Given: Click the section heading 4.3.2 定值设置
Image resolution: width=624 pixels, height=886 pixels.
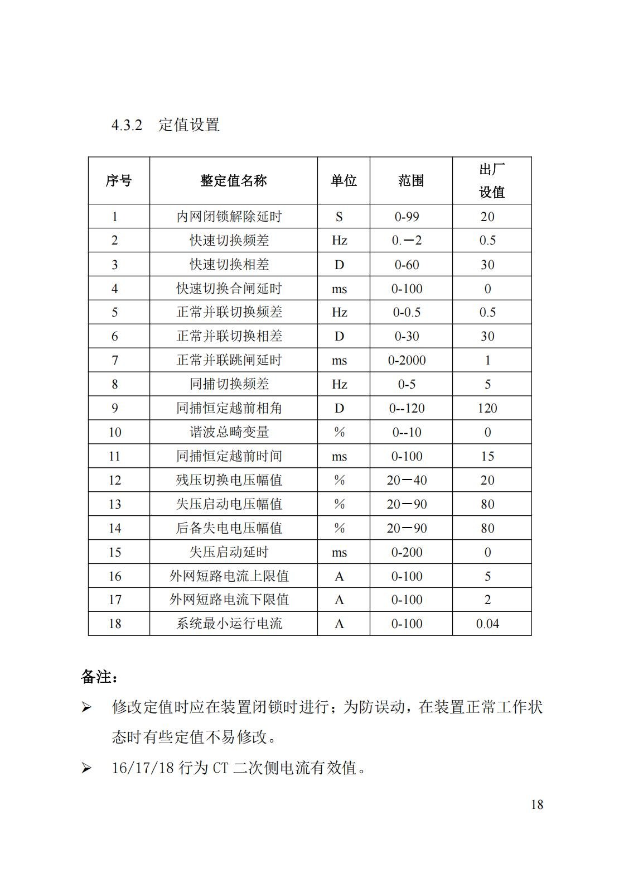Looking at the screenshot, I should coord(166,124).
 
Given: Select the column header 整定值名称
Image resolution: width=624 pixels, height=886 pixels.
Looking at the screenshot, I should coord(233,181).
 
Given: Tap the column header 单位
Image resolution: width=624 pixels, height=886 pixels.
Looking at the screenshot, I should coord(344,181).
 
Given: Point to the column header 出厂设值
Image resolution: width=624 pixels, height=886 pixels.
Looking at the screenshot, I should coord(492,181).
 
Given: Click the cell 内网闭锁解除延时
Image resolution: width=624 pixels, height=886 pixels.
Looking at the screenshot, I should coord(229,217).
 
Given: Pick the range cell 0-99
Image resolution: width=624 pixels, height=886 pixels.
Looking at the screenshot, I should coord(407,217).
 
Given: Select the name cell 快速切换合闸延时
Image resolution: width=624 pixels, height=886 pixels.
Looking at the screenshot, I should coord(229,289).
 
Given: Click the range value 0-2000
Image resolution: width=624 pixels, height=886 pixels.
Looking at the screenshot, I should coord(407,361).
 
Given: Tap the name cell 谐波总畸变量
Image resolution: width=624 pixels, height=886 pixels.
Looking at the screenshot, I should coord(229,432).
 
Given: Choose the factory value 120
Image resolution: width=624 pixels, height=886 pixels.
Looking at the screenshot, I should coord(487,408).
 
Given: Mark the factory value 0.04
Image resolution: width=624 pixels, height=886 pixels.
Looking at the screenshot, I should coord(487,624).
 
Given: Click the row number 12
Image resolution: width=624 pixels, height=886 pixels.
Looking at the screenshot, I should coord(115,480).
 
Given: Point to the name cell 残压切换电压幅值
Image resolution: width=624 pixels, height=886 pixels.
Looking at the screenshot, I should coord(229,480).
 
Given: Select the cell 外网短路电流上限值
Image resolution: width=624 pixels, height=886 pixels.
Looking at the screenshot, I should coord(229,576).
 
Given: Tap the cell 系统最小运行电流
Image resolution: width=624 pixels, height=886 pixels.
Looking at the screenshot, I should coord(229,624).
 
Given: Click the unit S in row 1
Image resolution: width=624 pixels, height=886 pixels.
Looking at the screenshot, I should coord(339,217).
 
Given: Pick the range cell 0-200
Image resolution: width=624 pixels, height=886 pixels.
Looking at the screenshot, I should coord(407,552).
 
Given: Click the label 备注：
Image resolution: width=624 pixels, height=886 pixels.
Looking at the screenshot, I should coord(100,677).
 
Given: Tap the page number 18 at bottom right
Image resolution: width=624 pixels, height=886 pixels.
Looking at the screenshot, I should coord(537,804).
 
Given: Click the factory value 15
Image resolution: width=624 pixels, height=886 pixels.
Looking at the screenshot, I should coord(487,456).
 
